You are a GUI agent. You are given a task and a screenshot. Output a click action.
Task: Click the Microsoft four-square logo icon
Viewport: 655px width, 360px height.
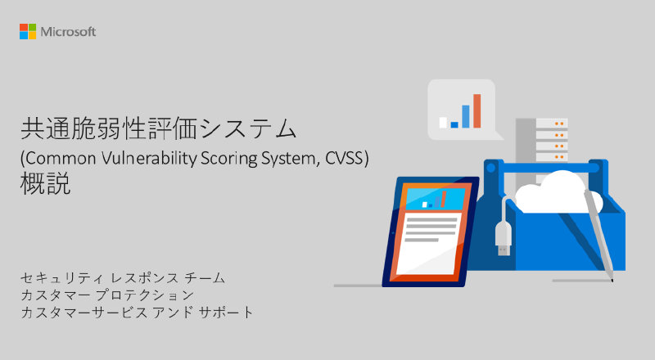(x=28, y=31)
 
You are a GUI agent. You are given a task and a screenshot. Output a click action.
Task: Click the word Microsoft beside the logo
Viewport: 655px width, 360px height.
(x=69, y=32)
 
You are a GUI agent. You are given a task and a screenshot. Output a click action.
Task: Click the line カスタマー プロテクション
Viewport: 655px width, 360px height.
(x=107, y=295)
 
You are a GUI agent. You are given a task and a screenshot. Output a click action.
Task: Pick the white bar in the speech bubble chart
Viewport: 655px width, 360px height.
(x=444, y=123)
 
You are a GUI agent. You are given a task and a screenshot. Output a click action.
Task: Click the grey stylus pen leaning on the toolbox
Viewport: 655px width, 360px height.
(x=602, y=237)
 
